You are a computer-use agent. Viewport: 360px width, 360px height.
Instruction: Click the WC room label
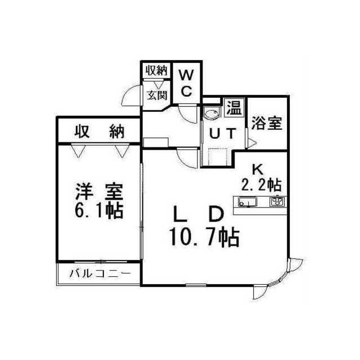(x=187, y=82)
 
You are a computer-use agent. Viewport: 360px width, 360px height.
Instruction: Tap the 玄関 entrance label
(x=157, y=94)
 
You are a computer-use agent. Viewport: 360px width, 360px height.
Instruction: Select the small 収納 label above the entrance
(x=157, y=71)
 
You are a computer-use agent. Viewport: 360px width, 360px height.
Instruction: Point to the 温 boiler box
(x=232, y=107)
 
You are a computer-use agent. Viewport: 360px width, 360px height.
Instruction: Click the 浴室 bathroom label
(x=267, y=123)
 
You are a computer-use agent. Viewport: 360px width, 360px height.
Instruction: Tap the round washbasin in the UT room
(x=212, y=115)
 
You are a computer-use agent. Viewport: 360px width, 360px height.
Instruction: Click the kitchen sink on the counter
(x=248, y=202)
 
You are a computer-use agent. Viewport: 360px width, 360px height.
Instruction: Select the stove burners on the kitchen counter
(x=277, y=202)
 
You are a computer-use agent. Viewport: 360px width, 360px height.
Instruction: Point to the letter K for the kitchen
(x=257, y=168)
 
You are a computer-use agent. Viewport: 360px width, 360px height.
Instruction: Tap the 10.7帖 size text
(x=203, y=237)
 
